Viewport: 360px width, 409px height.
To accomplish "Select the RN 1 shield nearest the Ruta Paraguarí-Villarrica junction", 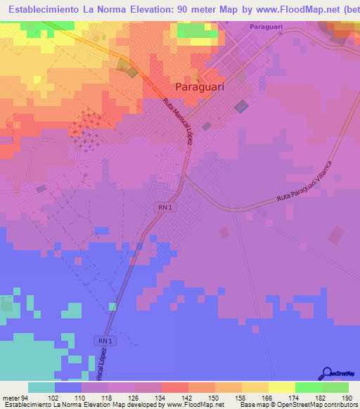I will (163, 206).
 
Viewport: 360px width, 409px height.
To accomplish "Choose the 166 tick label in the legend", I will (268, 397).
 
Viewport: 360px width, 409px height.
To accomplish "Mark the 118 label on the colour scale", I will (108, 397).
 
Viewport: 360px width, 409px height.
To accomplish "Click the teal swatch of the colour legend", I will (41, 387).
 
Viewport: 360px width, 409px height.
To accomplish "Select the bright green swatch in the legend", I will (308, 387).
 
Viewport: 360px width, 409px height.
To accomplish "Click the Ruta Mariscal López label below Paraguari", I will (178, 122).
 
